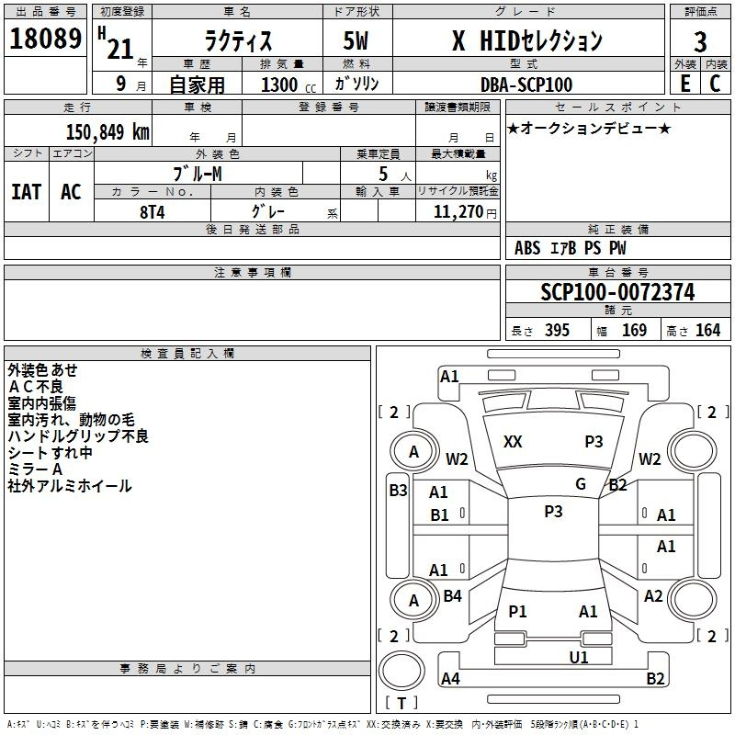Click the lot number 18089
[45, 40]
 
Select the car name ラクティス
[238, 40]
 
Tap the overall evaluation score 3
[700, 41]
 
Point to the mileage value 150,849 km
[107, 131]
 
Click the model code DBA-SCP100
[526, 85]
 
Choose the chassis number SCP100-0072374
[617, 293]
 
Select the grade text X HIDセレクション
[527, 40]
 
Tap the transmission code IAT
[27, 192]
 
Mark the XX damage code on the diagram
[513, 442]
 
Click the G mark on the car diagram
[581, 484]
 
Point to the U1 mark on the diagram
[578, 657]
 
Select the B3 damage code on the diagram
[398, 491]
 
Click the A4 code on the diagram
[450, 679]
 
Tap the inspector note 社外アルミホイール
[70, 486]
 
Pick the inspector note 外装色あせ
[43, 370]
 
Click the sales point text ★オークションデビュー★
[588, 128]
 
